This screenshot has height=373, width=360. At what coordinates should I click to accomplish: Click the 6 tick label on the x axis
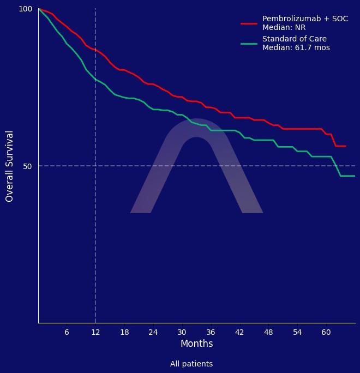[67, 332]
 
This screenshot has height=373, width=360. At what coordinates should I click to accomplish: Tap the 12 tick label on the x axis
[95, 332]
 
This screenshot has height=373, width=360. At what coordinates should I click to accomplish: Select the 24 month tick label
[153, 332]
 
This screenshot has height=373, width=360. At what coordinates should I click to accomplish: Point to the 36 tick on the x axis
[211, 332]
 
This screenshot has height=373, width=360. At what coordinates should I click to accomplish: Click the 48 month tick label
[268, 332]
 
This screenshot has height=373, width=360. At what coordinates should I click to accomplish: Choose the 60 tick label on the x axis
[326, 332]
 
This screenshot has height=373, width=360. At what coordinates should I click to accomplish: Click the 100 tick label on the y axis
[26, 9]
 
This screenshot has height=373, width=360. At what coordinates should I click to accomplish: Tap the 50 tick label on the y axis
[28, 166]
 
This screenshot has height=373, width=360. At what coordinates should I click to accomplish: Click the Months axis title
[196, 344]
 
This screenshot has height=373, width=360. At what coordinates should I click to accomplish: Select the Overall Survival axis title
[10, 166]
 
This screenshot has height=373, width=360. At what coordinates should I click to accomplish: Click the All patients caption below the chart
[191, 364]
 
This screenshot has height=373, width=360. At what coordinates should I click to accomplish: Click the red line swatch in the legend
[249, 23]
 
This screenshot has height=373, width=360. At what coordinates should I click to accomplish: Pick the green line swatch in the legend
[249, 44]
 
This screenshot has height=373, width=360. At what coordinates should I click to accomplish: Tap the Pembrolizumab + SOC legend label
[305, 19]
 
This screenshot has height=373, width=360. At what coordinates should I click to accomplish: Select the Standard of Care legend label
[295, 39]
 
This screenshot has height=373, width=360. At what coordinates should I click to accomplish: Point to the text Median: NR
[284, 27]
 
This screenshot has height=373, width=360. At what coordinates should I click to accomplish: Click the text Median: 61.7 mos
[296, 47]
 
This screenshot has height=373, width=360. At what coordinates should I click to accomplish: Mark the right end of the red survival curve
[345, 146]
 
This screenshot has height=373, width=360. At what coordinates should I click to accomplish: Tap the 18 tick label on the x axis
[124, 332]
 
